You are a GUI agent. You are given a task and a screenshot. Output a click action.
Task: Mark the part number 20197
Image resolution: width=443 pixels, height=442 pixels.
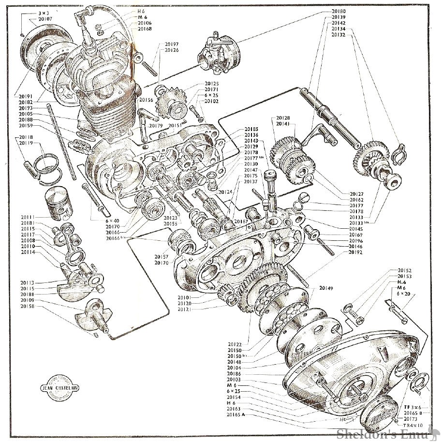coord(171,44)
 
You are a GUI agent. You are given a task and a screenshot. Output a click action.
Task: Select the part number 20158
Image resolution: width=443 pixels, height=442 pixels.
coord(27,306)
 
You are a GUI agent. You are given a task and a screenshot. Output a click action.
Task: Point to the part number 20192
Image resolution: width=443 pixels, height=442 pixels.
coord(355,252)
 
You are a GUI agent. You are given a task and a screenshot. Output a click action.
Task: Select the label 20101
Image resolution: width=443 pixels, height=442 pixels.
coord(171,297)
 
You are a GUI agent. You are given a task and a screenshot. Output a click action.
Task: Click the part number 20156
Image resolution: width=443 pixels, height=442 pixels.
coord(146,100)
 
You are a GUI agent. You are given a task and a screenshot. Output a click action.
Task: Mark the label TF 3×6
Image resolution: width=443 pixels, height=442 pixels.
coord(413,408)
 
